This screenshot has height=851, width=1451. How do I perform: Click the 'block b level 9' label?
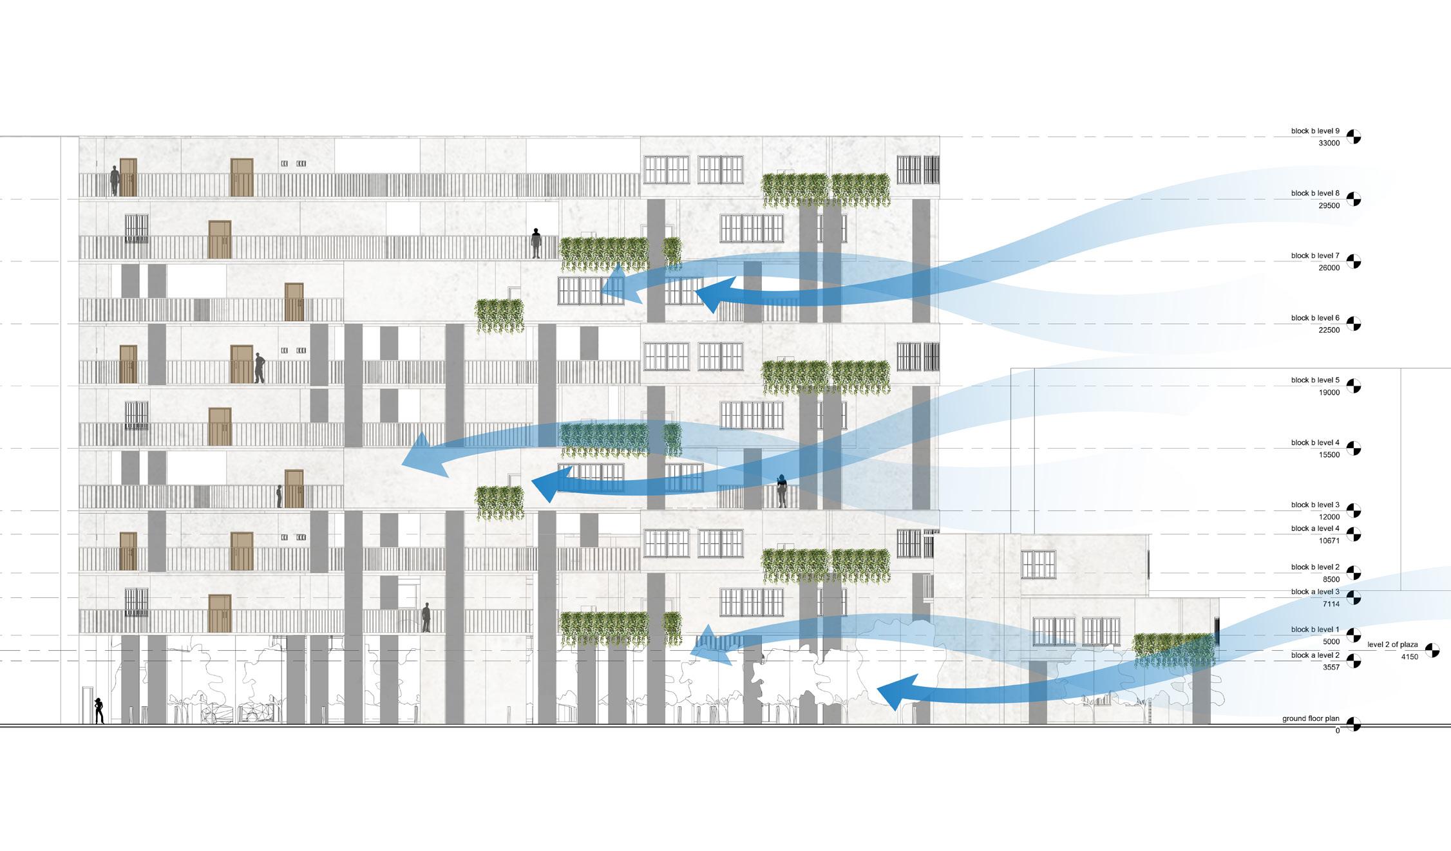click(1315, 131)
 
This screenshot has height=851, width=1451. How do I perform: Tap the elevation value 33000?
click(1329, 144)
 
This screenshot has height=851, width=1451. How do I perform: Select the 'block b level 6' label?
click(1315, 318)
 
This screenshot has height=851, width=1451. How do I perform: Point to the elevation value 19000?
click(1329, 393)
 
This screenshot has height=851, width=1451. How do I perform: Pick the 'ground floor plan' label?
click(1311, 718)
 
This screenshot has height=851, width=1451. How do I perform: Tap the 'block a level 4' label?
click(1315, 529)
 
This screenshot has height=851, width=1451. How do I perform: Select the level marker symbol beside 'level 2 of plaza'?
click(1432, 650)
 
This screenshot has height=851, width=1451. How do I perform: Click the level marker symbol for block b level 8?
click(1354, 199)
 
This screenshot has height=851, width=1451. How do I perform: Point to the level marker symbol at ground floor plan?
click(1354, 725)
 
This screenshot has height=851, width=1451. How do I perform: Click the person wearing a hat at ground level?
click(99, 711)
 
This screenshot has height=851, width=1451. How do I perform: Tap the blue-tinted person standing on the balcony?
click(782, 491)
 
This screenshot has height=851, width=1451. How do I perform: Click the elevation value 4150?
click(1409, 657)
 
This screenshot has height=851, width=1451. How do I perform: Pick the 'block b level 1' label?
click(1315, 630)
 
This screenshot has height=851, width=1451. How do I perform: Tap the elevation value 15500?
click(1329, 455)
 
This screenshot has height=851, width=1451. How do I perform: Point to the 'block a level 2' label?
click(1315, 655)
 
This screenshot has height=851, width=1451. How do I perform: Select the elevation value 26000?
click(1329, 268)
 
